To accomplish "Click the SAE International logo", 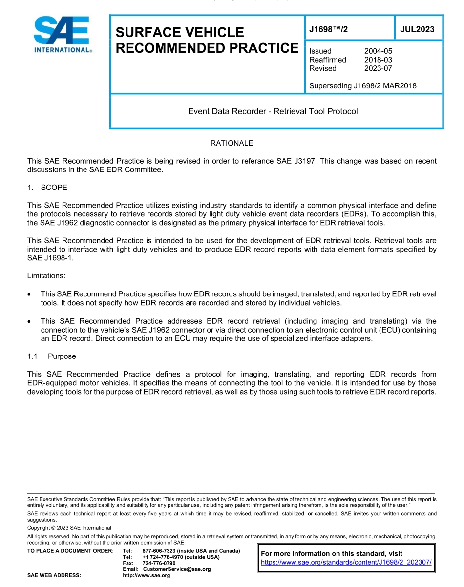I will coord(61,34).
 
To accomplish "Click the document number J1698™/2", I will coord(329,29).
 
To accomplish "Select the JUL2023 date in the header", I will coord(417,29).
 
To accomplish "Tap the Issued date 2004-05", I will coord(378,51).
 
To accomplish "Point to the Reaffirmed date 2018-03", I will coord(378,60).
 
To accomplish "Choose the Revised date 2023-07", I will coord(378,68).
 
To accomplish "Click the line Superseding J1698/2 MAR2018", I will coord(362,86).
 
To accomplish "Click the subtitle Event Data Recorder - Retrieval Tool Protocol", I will coord(273,111).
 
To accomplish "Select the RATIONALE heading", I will coord(232,143).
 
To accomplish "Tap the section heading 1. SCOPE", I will coord(47,188).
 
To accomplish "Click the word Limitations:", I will coord(46,275).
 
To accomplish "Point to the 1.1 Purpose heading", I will coord(52,356).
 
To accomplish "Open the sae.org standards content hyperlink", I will coord(346,562).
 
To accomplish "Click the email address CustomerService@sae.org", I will coord(176,569).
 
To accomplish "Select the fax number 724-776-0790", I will coord(159,563).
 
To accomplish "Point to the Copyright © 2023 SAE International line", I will coord(69,528).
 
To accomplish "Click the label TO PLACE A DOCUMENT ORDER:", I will coord(70,551).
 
